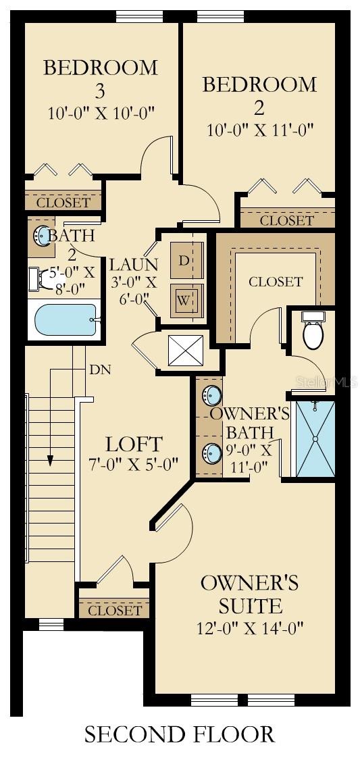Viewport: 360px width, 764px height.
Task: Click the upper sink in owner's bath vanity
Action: pyautogui.click(x=210, y=396)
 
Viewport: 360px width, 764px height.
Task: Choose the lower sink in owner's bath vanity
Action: pyautogui.click(x=211, y=452)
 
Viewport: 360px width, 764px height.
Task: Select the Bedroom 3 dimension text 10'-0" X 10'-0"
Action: pyautogui.click(x=101, y=113)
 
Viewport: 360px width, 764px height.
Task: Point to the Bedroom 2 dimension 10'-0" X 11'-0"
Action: pyautogui.click(x=260, y=130)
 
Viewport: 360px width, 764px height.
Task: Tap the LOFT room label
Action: pyautogui.click(x=134, y=444)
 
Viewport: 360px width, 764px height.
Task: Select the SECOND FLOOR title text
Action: pyautogui.click(x=180, y=734)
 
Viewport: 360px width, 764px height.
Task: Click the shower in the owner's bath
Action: pyautogui.click(x=315, y=438)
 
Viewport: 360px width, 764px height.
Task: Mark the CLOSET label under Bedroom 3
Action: pyautogui.click(x=63, y=203)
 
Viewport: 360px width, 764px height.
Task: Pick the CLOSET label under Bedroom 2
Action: pyautogui.click(x=286, y=220)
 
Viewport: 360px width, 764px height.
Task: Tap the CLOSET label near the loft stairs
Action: pyautogui.click(x=115, y=611)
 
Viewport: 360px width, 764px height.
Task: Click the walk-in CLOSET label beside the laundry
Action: pyautogui.click(x=276, y=282)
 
